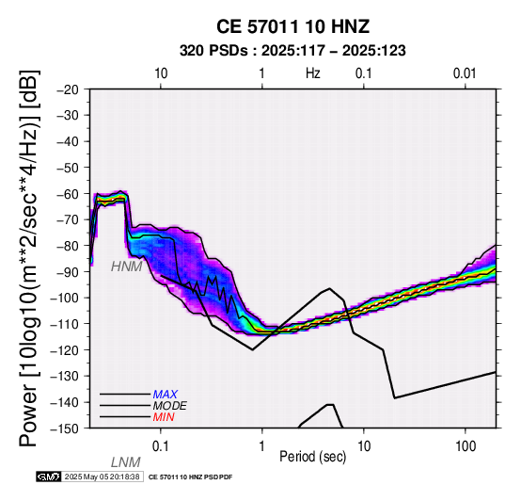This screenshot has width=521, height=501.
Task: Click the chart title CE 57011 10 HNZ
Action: click(x=292, y=26)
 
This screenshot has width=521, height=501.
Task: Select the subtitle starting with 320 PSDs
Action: click(x=292, y=51)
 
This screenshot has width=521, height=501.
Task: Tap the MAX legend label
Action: click(x=166, y=395)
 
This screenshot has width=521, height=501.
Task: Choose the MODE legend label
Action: click(x=170, y=406)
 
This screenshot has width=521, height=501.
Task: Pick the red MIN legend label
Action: click(x=164, y=417)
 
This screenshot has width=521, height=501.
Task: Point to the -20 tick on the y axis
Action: click(x=68, y=89)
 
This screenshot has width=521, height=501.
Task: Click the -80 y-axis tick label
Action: click(x=68, y=246)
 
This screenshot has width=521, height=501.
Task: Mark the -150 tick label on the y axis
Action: click(x=65, y=428)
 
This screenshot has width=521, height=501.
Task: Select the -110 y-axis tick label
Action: click(x=65, y=324)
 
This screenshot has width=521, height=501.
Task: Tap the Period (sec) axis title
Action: click(x=312, y=457)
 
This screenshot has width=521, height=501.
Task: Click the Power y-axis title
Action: click(x=29, y=258)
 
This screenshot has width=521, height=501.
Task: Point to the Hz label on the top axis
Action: click(x=312, y=73)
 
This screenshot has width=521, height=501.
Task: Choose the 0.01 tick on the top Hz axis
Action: click(x=465, y=73)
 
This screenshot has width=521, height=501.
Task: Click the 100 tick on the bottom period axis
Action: click(x=466, y=446)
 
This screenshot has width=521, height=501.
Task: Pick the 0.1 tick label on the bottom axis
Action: click(x=161, y=446)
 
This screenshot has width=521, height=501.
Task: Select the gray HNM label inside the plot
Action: click(x=127, y=267)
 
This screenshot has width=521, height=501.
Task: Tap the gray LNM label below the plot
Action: click(x=126, y=462)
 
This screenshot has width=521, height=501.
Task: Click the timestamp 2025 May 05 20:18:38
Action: click(x=102, y=477)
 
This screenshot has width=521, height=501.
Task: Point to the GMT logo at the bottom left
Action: click(x=49, y=477)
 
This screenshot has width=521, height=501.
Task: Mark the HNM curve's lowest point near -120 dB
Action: click(x=253, y=349)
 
